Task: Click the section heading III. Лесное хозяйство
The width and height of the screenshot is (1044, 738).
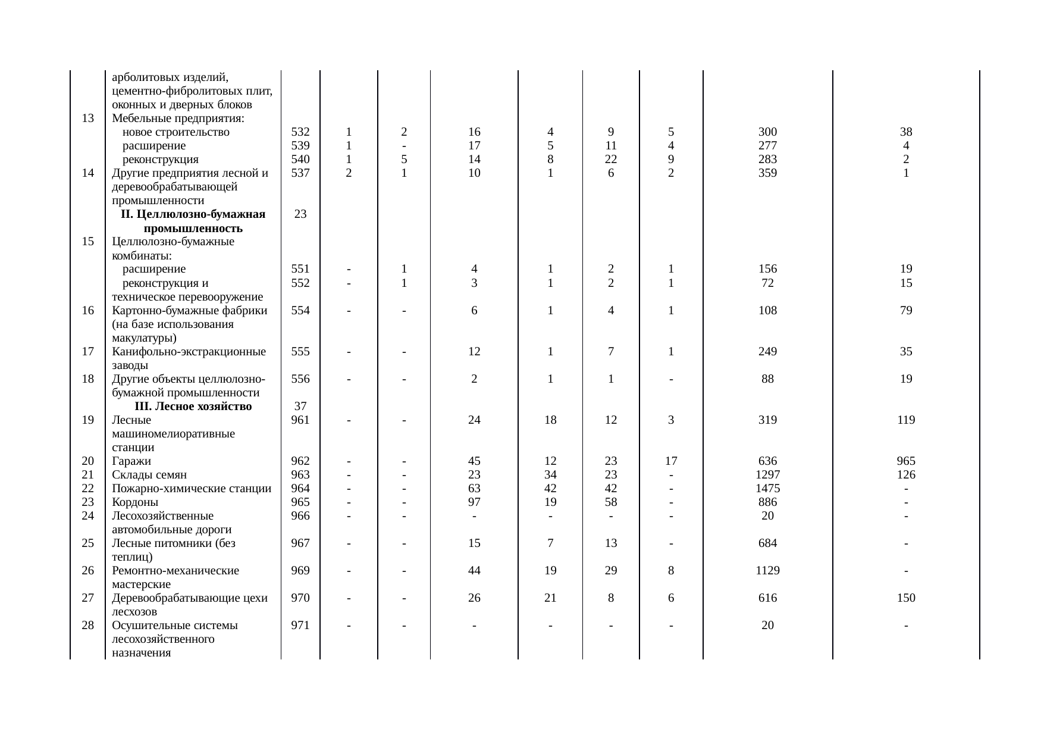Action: click(x=193, y=406)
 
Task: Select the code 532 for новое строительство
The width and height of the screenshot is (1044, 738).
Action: click(x=300, y=132)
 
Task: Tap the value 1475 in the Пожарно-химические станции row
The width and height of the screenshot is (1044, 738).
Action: click(x=767, y=489)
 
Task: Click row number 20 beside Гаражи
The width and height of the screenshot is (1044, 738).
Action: click(x=88, y=461)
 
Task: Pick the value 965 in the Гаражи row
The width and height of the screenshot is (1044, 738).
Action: click(x=905, y=461)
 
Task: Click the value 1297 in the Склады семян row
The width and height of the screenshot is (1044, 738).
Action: click(x=767, y=475)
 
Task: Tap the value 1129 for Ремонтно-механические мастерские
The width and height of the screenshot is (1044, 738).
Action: click(x=767, y=571)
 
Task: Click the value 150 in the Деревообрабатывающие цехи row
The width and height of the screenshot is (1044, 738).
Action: click(x=905, y=598)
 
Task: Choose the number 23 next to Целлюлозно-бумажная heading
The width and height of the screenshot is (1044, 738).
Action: click(x=300, y=214)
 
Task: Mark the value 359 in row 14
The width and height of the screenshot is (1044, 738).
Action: click(x=767, y=173)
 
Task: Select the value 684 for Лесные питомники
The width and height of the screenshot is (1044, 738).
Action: click(x=767, y=543)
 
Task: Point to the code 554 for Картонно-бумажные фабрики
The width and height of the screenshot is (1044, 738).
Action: click(x=300, y=311)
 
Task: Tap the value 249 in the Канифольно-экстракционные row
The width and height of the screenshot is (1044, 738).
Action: click(x=767, y=352)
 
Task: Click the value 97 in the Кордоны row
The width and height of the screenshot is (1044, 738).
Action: click(x=474, y=502)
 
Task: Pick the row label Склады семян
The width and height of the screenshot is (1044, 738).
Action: click(x=149, y=475)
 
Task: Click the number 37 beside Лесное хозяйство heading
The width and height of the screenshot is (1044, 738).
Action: click(x=300, y=406)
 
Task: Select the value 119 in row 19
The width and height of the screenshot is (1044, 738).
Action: click(x=905, y=420)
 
